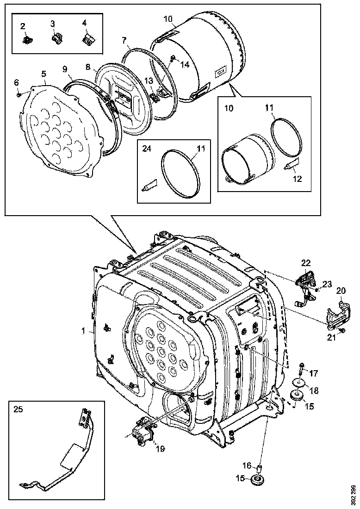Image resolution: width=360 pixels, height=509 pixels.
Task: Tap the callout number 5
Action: [43, 74]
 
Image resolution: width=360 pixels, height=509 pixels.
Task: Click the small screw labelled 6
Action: [18, 95]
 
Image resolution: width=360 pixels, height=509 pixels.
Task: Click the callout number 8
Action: [87, 67]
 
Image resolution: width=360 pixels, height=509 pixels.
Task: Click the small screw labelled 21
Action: [342, 330]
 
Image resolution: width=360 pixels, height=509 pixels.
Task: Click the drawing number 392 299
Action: [354, 495]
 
